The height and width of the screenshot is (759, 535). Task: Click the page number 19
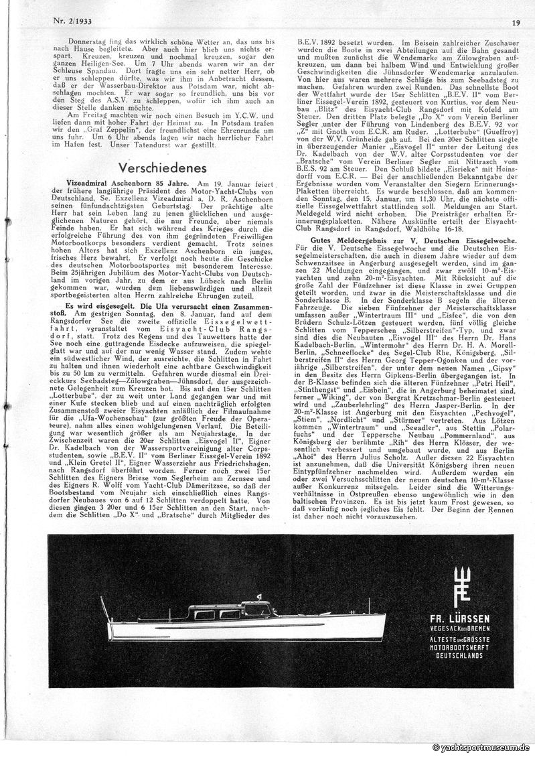tap(516, 22)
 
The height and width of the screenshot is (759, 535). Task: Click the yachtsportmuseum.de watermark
tap(481, 747)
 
